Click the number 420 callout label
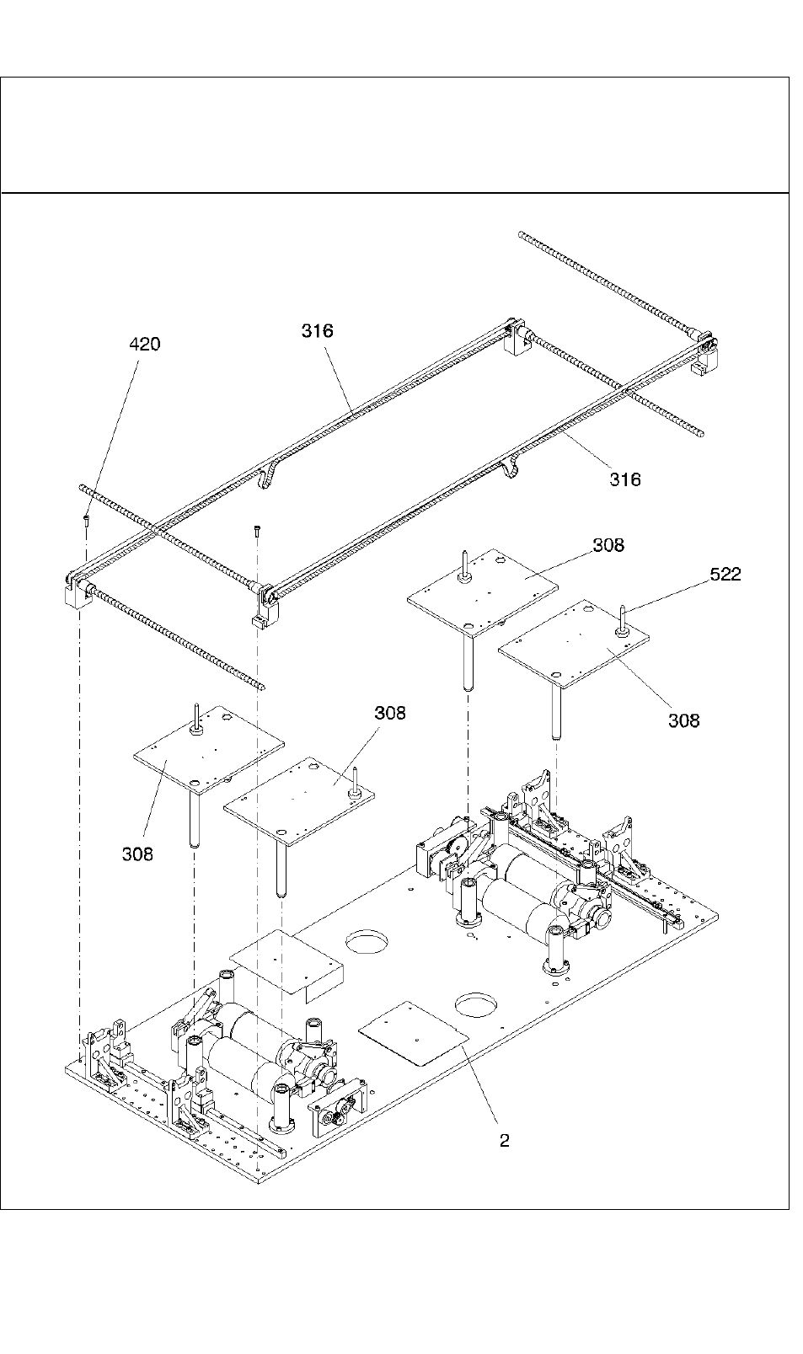[145, 344]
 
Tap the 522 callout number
[725, 574]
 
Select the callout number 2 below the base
[504, 1141]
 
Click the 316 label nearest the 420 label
[318, 330]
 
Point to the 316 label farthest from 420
[624, 479]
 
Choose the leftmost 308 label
[137, 854]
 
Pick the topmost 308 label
[608, 544]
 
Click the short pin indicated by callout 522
[622, 620]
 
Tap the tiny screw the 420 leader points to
[86, 521]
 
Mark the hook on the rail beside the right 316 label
[511, 468]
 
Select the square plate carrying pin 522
[573, 644]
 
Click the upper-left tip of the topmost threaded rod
[521, 234]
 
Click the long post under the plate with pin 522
[555, 714]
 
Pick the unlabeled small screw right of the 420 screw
[258, 532]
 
